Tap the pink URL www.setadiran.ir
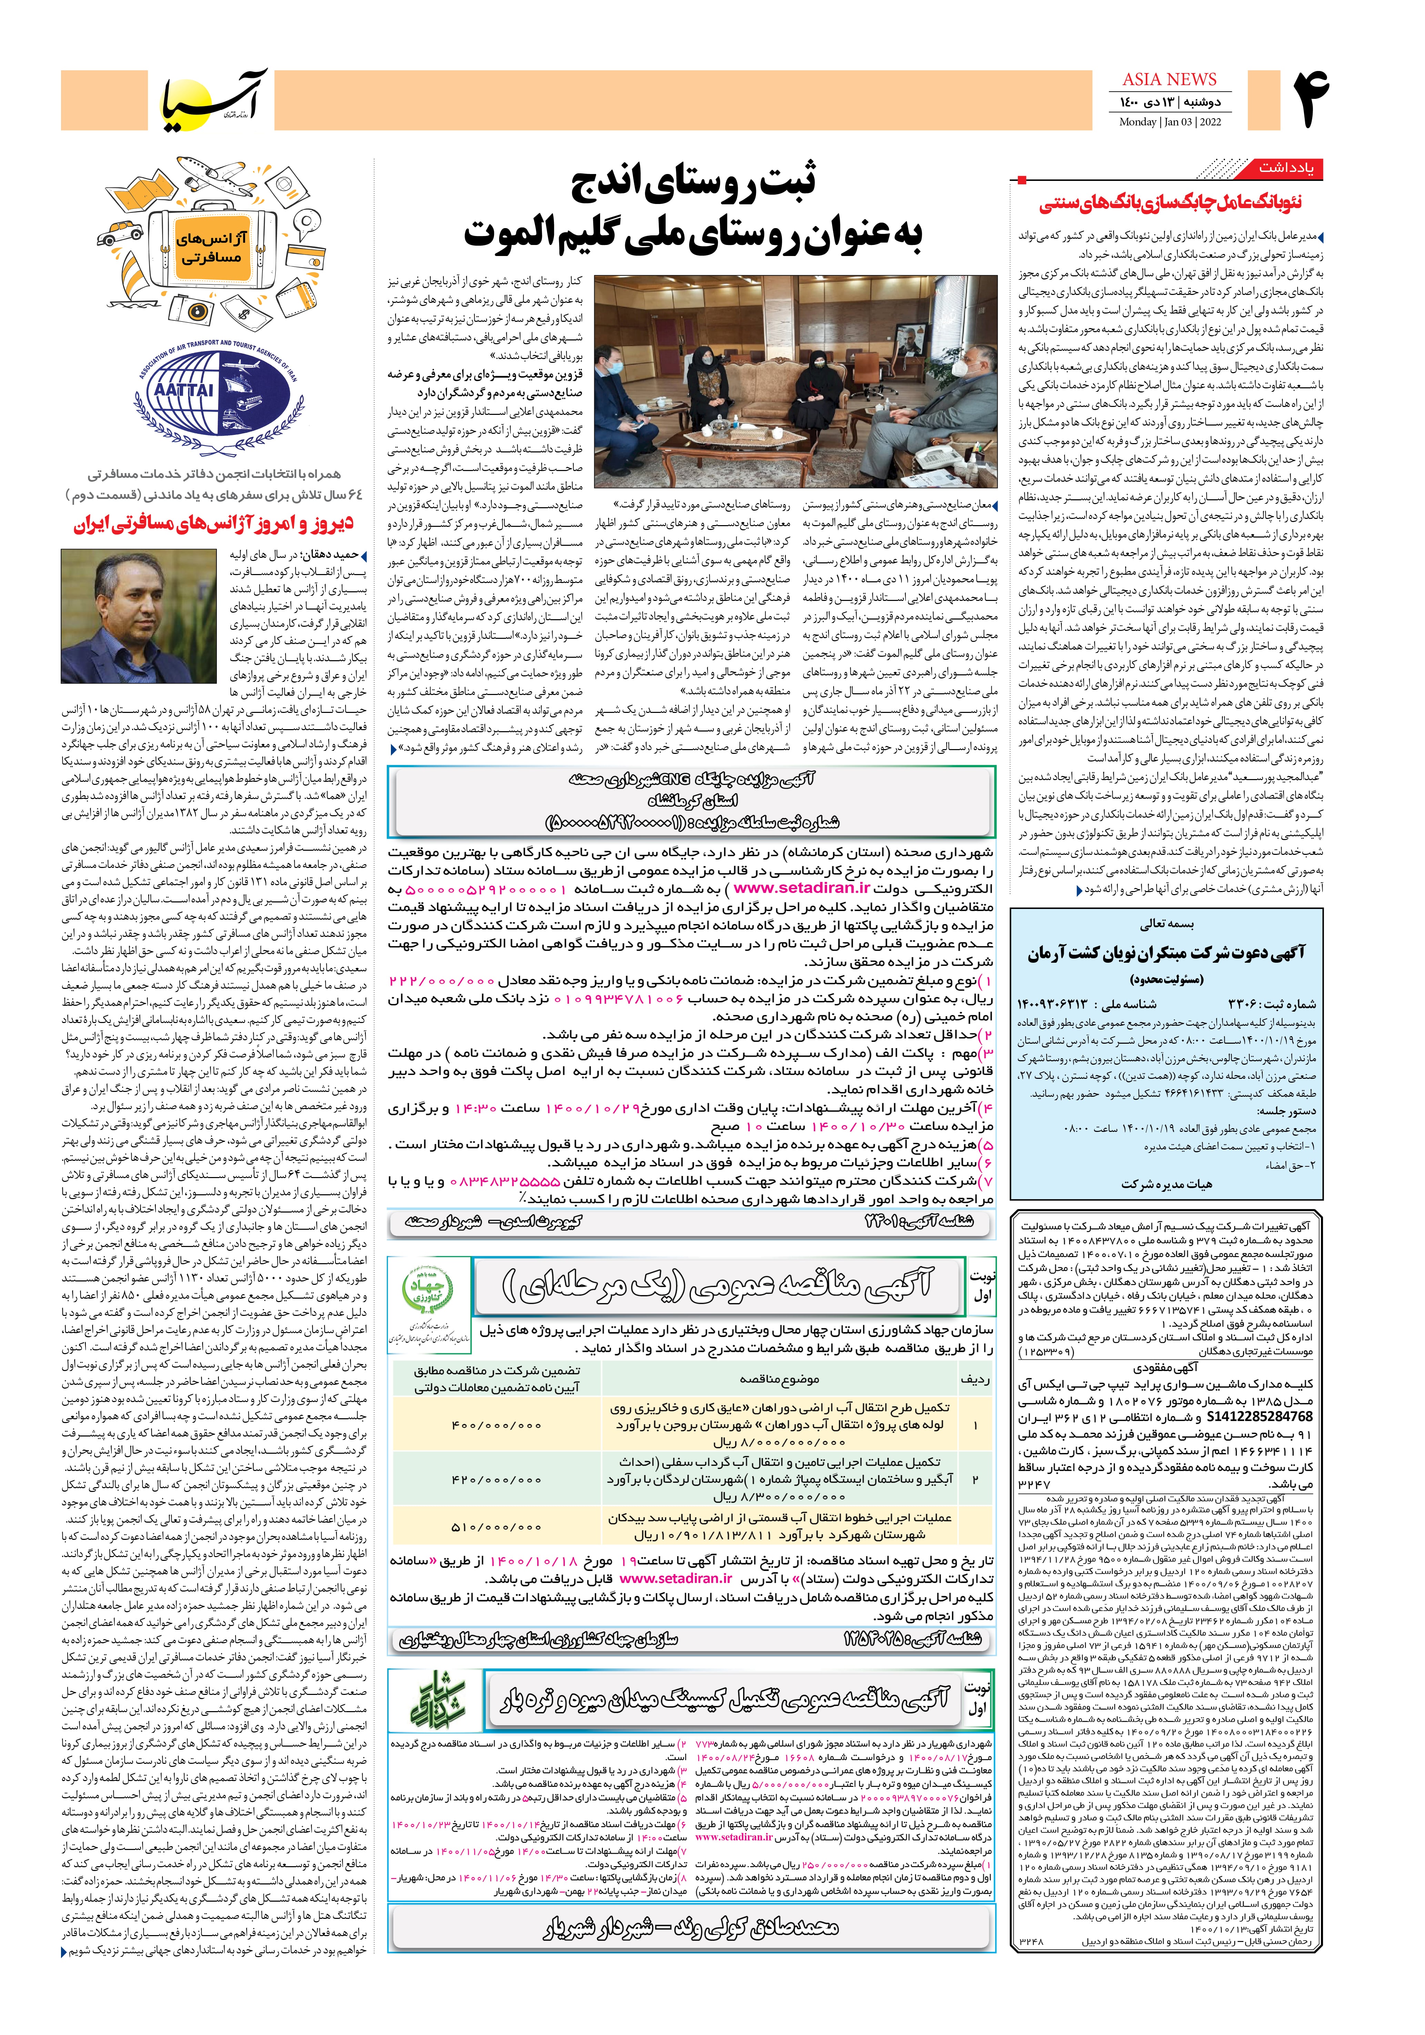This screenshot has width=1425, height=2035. pos(676,1578)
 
